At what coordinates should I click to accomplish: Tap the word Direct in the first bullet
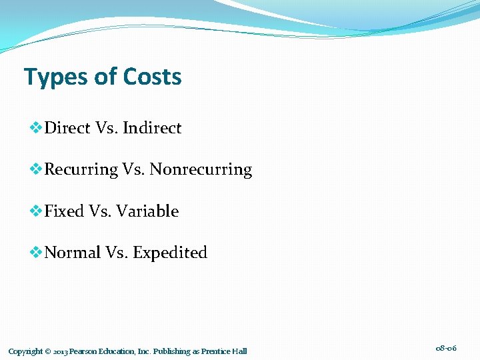pos(67,128)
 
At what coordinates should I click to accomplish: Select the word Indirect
pos(151,128)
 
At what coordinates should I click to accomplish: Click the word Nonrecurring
pos(201,170)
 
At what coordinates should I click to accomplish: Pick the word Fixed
pos(64,211)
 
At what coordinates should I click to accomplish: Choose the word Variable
pos(147,211)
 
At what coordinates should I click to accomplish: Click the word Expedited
pos(170,253)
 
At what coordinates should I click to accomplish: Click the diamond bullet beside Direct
pos(36,127)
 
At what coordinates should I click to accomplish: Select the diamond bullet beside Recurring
pos(36,169)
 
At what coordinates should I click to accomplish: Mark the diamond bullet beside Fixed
pos(36,211)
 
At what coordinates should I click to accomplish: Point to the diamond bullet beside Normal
pos(36,252)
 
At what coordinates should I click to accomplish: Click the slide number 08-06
pos(446,347)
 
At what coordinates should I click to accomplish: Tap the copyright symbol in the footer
pos(49,351)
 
